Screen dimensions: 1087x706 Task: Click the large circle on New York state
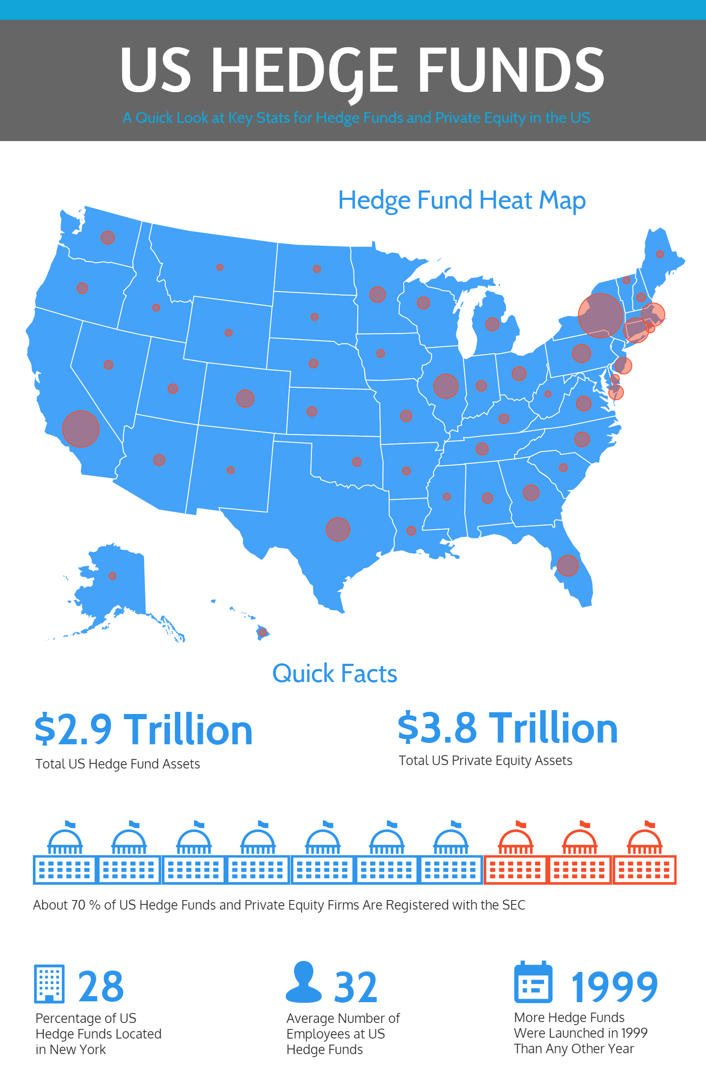pyautogui.click(x=600, y=315)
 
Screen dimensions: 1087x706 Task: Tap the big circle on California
pyautogui.click(x=81, y=429)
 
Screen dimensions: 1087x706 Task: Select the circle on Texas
pyautogui.click(x=338, y=529)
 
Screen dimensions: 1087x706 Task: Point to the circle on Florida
pyautogui.click(x=568, y=566)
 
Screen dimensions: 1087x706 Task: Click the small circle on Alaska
pyautogui.click(x=112, y=576)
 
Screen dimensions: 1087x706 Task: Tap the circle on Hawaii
pyautogui.click(x=263, y=633)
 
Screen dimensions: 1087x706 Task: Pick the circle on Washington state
pyautogui.click(x=108, y=238)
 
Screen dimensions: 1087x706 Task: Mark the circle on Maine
pyautogui.click(x=660, y=254)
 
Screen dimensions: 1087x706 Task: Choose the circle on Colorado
pyautogui.click(x=245, y=398)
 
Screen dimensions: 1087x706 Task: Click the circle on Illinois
pyautogui.click(x=446, y=386)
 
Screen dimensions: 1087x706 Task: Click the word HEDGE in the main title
pyautogui.click(x=304, y=71)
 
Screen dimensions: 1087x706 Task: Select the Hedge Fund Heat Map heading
pyautogui.click(x=462, y=200)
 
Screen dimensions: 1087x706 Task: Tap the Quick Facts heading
pyautogui.click(x=335, y=674)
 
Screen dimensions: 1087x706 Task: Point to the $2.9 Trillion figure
pyautogui.click(x=143, y=730)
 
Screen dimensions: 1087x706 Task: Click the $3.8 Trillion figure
pyautogui.click(x=507, y=728)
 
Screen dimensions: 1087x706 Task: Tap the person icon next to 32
pyautogui.click(x=304, y=982)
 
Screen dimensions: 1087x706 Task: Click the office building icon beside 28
pyautogui.click(x=49, y=984)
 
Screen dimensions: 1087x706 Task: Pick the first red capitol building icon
pyautogui.click(x=515, y=853)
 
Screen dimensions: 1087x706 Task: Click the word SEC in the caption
pyautogui.click(x=514, y=905)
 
